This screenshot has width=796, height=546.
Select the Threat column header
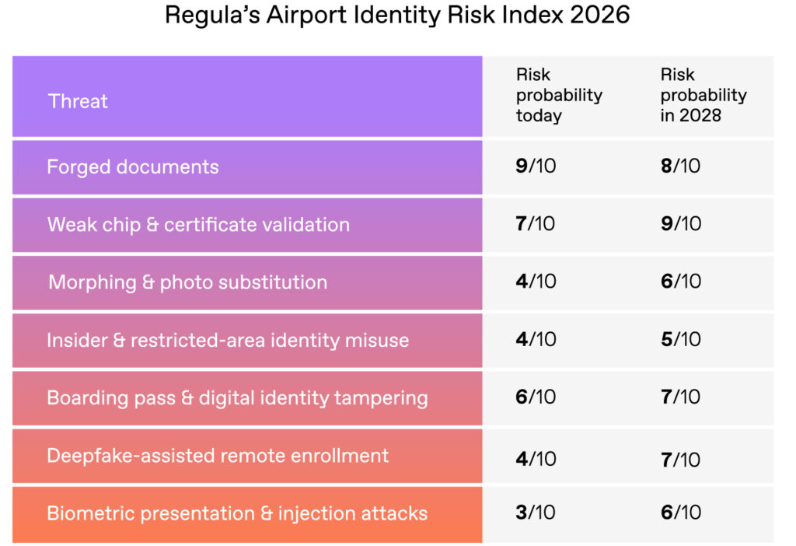(78, 101)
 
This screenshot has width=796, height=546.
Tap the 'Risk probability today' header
(559, 96)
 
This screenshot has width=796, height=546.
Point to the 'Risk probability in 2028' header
(703, 96)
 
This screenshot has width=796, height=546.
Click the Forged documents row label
(133, 166)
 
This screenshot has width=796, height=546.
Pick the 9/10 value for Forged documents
(536, 166)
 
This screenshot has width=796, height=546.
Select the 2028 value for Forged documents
(680, 166)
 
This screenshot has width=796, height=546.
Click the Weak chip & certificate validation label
(198, 225)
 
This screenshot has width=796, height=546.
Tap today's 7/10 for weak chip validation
(536, 225)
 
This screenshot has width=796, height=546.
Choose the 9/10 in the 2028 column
(680, 225)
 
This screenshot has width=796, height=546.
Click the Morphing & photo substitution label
(187, 282)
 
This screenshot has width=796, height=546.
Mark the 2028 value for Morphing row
(680, 282)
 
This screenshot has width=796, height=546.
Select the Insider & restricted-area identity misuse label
(228, 340)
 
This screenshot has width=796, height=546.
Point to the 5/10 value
(680, 340)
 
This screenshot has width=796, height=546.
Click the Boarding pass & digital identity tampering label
(237, 397)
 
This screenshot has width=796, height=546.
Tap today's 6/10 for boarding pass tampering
(536, 397)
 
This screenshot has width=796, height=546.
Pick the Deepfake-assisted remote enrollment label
(218, 456)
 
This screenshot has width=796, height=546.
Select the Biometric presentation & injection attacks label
(237, 513)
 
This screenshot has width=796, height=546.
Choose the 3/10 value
(536, 513)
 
